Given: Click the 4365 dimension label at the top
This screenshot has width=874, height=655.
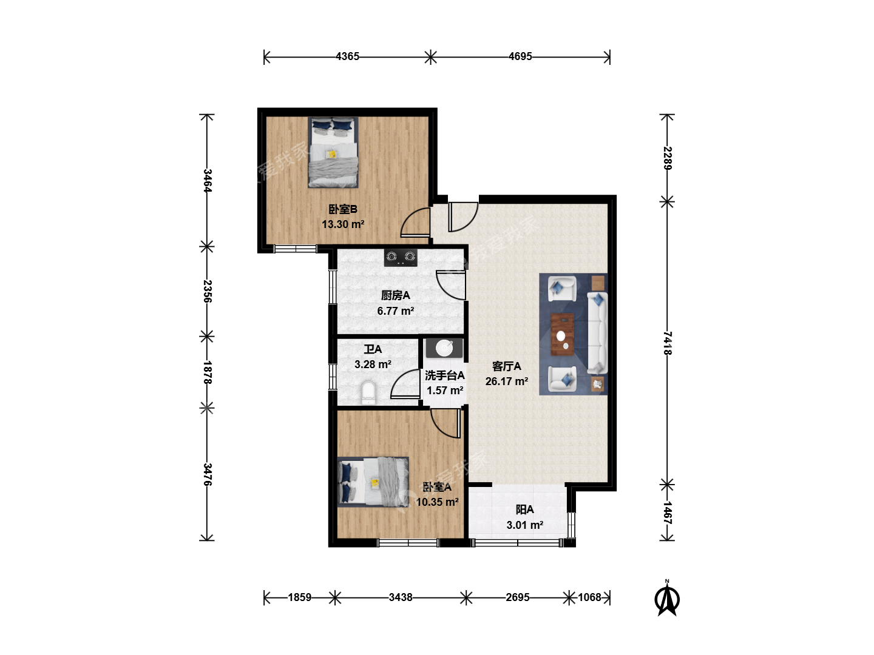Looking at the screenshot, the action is point(347,56).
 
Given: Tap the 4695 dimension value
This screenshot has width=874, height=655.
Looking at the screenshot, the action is point(520,56).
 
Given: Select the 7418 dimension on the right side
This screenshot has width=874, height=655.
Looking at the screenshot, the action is point(668,343).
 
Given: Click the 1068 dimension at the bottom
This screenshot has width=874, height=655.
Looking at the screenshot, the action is point(589,597).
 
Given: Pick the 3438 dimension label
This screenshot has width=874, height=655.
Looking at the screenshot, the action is point(401,597).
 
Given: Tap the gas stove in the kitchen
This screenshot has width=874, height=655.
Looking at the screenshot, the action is point(401,258).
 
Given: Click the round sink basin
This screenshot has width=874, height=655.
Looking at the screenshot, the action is point(444,348).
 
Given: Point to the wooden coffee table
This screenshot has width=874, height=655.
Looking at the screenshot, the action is point(562,334).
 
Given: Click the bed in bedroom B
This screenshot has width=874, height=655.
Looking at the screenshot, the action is point(333,152).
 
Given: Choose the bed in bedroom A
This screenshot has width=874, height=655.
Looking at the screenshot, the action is point(373,482).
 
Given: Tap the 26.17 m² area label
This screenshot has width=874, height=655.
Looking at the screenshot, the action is point(506,381).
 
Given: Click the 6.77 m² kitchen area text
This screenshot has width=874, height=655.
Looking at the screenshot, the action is point(395,311).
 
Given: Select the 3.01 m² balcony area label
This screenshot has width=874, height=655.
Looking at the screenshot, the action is point(525,525).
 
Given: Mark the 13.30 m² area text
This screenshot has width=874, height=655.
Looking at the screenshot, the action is point(343,224).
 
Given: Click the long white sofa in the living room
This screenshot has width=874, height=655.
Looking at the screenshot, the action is point(597,332).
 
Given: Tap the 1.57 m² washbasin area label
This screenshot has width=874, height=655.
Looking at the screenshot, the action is point(445,391).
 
